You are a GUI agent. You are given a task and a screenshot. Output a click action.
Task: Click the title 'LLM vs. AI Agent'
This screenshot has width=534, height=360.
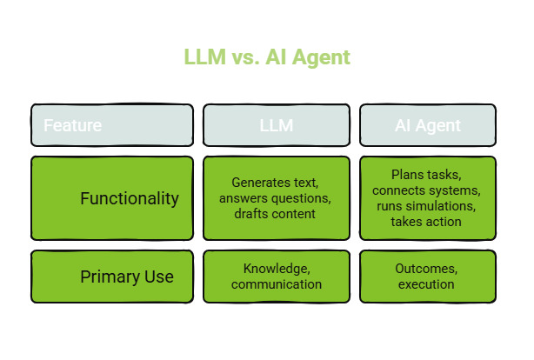(267, 58)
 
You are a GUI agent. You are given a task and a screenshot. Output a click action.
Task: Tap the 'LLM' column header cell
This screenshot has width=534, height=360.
(276, 125)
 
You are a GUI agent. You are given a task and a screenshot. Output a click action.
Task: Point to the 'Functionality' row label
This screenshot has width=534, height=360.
(130, 198)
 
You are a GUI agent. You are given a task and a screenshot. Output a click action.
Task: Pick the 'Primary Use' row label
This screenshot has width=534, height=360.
(127, 277)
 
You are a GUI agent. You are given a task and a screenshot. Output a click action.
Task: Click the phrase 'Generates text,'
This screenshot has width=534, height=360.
(275, 183)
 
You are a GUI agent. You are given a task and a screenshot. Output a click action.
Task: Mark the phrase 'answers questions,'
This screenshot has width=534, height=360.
(275, 198)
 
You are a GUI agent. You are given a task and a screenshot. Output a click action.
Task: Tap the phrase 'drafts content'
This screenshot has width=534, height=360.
(275, 214)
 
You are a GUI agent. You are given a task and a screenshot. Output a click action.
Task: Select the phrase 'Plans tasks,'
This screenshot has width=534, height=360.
(427, 175)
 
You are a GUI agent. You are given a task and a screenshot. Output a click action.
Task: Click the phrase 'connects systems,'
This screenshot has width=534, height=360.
(427, 190)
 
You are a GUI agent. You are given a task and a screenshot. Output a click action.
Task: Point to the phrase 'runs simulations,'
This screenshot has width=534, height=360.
(427, 206)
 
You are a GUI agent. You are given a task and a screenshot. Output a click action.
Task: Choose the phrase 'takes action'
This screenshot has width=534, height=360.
(427, 222)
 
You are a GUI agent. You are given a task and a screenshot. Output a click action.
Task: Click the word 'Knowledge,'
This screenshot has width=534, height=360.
(275, 269)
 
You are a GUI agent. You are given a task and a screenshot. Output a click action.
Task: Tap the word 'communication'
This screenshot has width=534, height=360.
(275, 284)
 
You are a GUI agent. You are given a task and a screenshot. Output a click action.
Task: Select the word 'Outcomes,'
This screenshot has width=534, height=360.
(427, 269)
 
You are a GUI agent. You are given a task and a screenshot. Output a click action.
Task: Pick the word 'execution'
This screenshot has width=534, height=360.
(427, 284)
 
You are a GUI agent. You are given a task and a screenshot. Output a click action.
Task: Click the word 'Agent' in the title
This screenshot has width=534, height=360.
(321, 58)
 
